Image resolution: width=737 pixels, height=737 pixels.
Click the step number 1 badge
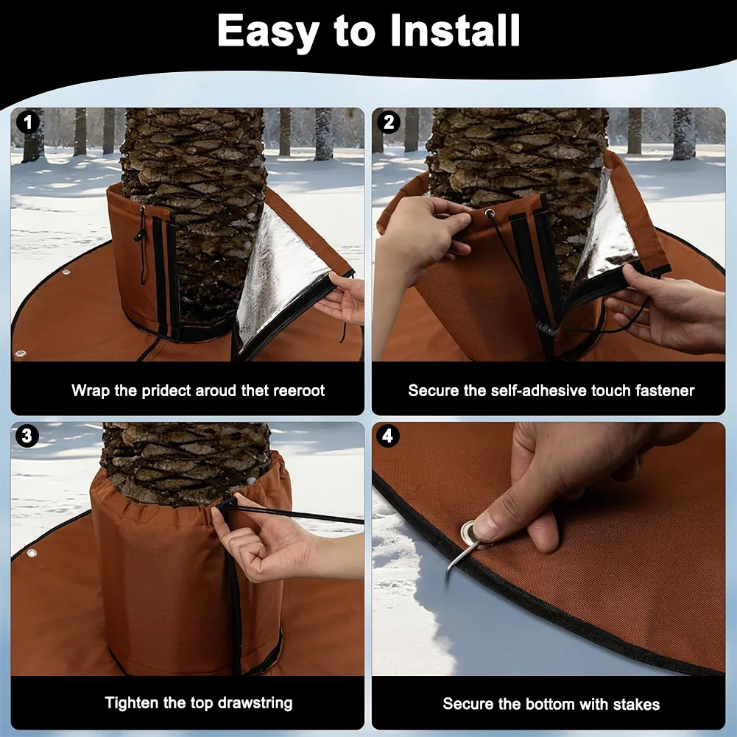(28, 122)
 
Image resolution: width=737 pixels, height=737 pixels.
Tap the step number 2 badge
(389, 122)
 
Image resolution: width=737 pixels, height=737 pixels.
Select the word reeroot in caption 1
(299, 390)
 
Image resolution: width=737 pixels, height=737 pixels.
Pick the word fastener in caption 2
(663, 390)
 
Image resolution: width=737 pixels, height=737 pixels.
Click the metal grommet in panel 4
(471, 532)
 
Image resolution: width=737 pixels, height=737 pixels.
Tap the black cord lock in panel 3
(225, 504)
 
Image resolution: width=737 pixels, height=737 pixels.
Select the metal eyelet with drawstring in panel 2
(488, 214)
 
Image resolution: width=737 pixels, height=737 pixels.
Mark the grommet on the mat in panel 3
(32, 552)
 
